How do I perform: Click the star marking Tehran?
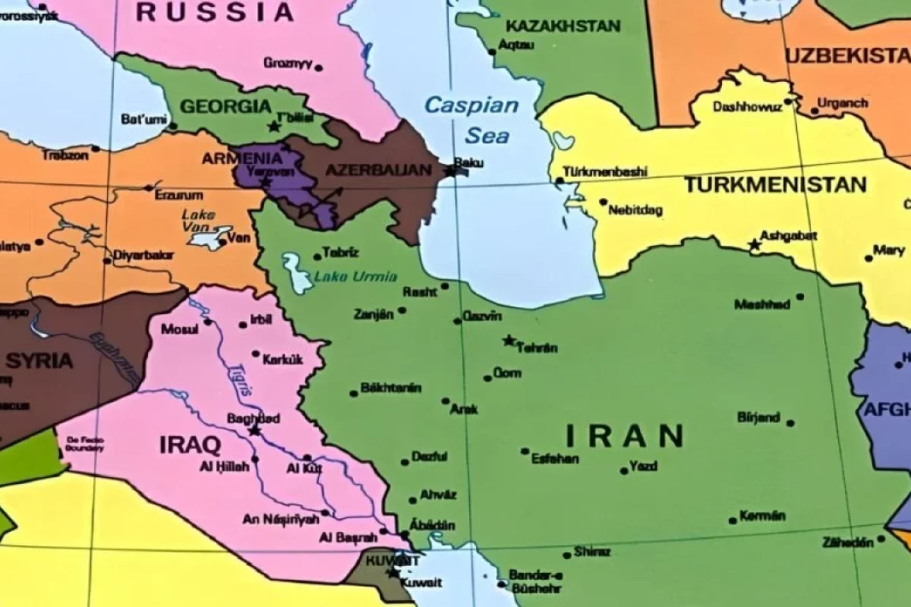[509, 340]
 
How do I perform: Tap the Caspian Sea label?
[471, 120]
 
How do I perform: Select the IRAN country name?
[624, 436]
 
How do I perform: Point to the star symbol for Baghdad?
[254, 430]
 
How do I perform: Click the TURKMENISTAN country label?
[774, 184]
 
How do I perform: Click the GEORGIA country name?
[225, 106]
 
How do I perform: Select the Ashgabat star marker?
[754, 244]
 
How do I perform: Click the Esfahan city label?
[555, 459]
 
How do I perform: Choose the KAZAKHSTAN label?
[563, 26]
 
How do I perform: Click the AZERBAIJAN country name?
[378, 170]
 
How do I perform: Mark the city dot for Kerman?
[732, 521]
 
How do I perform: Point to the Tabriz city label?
[340, 253]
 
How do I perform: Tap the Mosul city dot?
[207, 322]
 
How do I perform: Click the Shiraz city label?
[592, 552]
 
